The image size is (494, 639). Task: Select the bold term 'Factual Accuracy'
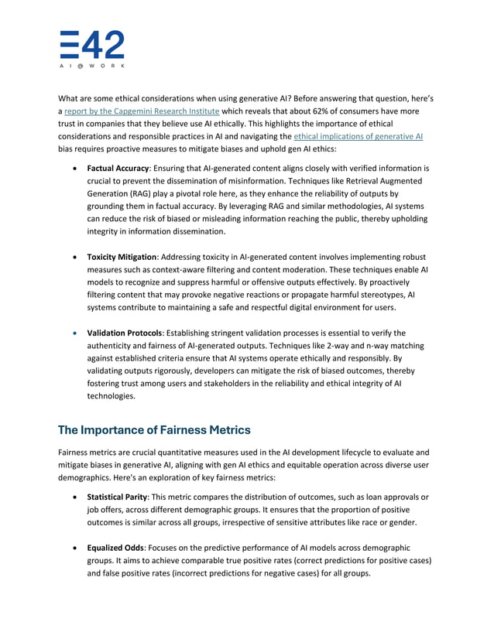[x=116, y=168]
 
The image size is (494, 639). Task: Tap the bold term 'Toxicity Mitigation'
[x=122, y=256]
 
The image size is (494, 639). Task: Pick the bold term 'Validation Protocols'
[x=122, y=333]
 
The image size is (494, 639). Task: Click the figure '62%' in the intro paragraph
[x=343, y=111]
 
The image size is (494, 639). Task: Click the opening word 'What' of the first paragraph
[x=70, y=98]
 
